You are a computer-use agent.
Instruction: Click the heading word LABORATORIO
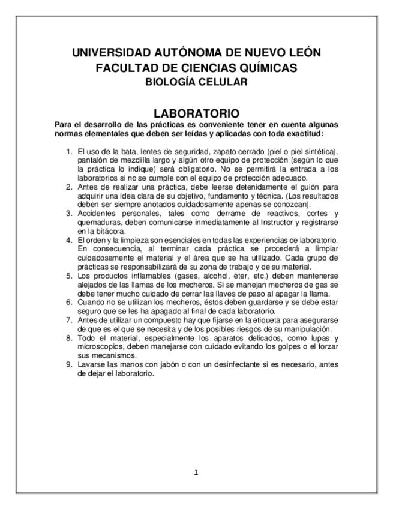[196, 113]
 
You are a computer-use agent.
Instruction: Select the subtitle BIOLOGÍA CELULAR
[196, 82]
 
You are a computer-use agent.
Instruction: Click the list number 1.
[69, 151]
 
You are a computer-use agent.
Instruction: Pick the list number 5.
[69, 276]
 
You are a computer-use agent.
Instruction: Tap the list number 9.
[69, 364]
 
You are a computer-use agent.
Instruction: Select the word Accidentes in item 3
[98, 213]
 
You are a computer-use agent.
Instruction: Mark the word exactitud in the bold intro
[302, 133]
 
